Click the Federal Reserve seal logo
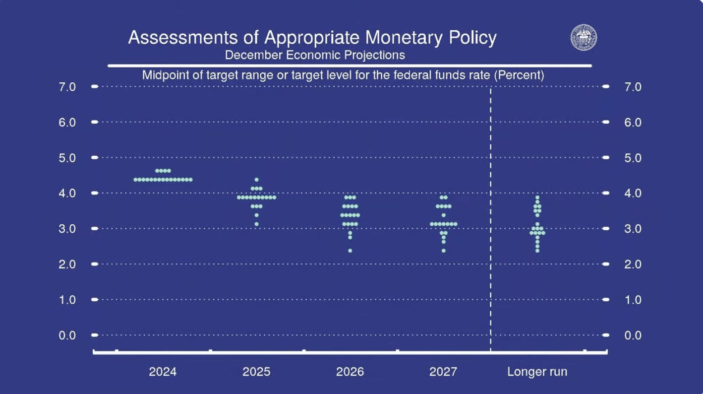[x=584, y=38]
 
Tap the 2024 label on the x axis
[x=163, y=372]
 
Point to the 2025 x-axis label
[x=256, y=372]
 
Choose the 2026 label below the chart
[x=350, y=372]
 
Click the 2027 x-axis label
[x=444, y=372]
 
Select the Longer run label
[x=537, y=372]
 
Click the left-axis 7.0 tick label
[x=67, y=87]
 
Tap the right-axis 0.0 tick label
[x=633, y=335]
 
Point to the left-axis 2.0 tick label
[x=67, y=264]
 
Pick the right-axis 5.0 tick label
[x=633, y=158]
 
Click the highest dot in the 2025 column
[x=256, y=180]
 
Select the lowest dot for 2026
[x=350, y=251]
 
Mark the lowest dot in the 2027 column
[x=444, y=251]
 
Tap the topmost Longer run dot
[x=537, y=197]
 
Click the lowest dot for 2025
[x=256, y=224]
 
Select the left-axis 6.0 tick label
[x=67, y=122]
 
